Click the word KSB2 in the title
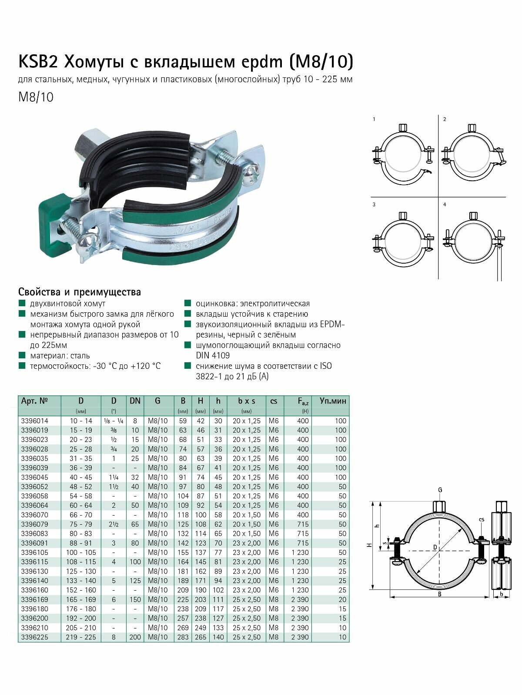(x=38, y=62)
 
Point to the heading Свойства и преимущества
(x=80, y=292)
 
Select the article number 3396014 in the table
(x=35, y=421)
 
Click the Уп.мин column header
(x=333, y=401)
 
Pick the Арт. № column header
(x=34, y=401)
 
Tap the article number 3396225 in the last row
(x=35, y=637)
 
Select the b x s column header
(x=247, y=401)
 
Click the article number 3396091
(x=35, y=543)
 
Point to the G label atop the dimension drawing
(x=440, y=490)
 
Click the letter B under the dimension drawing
(x=439, y=594)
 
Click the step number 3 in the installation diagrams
(x=374, y=204)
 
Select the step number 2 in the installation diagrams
(x=444, y=119)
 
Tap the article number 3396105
(x=35, y=553)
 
